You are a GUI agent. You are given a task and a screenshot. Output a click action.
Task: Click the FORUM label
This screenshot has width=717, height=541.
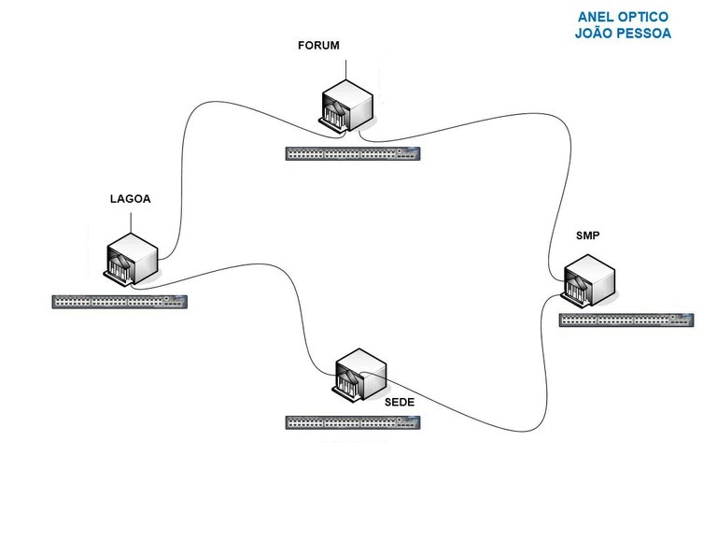pos(318,45)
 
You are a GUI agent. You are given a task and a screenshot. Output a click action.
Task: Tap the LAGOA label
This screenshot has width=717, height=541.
pos(131,199)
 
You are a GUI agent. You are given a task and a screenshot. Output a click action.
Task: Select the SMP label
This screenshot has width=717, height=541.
pos(587,235)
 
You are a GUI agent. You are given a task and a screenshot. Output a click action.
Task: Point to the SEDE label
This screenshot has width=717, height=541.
pos(400,402)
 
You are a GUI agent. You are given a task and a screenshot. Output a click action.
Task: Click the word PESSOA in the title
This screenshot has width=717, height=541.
pos(644,34)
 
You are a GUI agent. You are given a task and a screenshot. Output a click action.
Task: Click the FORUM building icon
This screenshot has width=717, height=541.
pos(346,106)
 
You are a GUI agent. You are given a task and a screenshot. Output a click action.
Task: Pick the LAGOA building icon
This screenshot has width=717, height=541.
pos(131,259)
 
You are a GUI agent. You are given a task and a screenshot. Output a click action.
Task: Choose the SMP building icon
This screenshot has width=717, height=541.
pos(588,280)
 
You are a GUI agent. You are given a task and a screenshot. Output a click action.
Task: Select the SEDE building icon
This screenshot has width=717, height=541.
pos(359,376)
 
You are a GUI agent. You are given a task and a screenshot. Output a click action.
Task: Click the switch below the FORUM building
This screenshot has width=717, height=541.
pos(353,153)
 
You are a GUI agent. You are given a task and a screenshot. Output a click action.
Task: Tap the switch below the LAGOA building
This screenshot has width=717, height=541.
pos(119,302)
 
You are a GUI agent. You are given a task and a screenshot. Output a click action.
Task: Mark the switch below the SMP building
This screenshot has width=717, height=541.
pos(626,320)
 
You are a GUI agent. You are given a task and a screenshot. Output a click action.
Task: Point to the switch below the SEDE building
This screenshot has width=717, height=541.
pos(353,422)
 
